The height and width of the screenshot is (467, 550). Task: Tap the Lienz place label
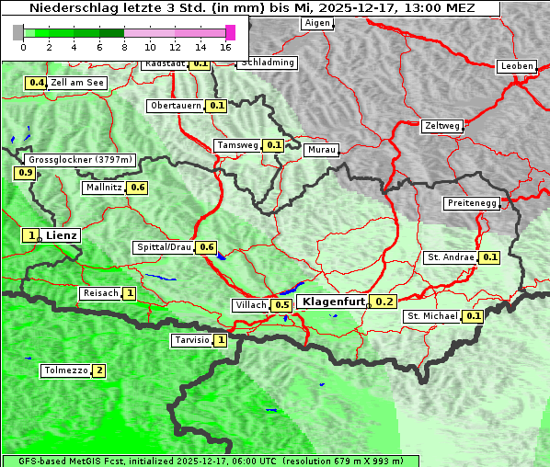[x=62, y=235]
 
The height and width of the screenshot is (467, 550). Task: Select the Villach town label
[x=250, y=305]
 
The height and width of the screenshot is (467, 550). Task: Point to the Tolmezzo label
[x=65, y=370]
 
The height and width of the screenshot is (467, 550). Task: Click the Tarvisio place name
[x=191, y=340]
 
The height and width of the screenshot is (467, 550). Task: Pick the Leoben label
[x=516, y=66]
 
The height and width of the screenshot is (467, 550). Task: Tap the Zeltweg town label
[x=442, y=125]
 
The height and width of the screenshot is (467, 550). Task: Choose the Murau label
[x=322, y=149]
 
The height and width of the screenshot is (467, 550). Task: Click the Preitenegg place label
[x=471, y=203]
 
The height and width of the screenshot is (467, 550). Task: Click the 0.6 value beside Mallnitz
[x=138, y=188]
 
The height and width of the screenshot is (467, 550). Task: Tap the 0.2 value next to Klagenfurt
[x=384, y=302]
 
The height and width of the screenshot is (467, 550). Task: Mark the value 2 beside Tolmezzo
[x=99, y=370]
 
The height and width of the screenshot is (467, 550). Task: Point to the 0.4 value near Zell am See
[x=37, y=83]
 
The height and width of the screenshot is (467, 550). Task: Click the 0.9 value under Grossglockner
[x=25, y=173]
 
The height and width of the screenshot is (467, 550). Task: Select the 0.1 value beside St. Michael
[x=473, y=316]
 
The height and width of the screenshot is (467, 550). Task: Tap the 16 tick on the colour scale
[x=225, y=47]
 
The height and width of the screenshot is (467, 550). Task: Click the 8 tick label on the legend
[x=124, y=47]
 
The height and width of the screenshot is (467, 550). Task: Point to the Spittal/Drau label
[x=164, y=247]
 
